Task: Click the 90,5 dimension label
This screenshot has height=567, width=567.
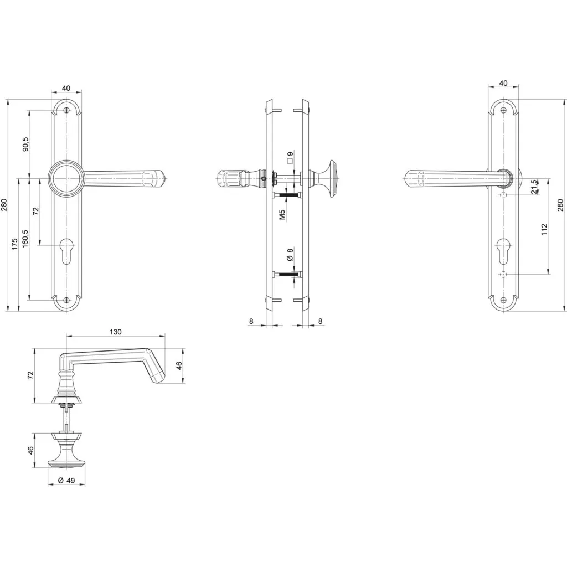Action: pos(25,144)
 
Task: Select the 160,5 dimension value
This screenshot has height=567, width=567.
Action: pos(25,238)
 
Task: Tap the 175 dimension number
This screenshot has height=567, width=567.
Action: pos(14,244)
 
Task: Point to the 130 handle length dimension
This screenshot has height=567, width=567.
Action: pos(115,332)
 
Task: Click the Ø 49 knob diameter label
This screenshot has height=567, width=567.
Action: pos(66,480)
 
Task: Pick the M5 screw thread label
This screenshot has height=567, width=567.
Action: pos(282,215)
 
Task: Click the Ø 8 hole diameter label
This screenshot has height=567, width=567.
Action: pos(290,254)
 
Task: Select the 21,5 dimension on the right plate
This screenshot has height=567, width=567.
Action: pos(535,187)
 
